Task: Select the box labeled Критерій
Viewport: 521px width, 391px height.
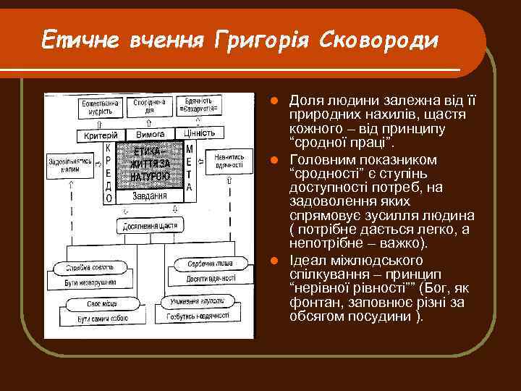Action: coord(102,135)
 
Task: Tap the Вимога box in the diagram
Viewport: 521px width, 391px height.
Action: coord(150,134)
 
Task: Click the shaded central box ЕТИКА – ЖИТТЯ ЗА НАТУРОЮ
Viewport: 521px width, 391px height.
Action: coord(151,165)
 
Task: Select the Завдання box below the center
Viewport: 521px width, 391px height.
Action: coord(151,195)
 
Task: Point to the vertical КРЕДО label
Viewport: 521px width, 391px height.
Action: coord(108,172)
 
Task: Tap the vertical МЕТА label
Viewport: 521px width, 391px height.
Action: coord(190,168)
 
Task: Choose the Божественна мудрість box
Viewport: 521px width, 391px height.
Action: coord(101,108)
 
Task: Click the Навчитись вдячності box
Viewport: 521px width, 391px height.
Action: coord(228,160)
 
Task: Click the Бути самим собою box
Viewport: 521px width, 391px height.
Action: coord(93,318)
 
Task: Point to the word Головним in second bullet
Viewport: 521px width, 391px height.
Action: coord(323,158)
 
